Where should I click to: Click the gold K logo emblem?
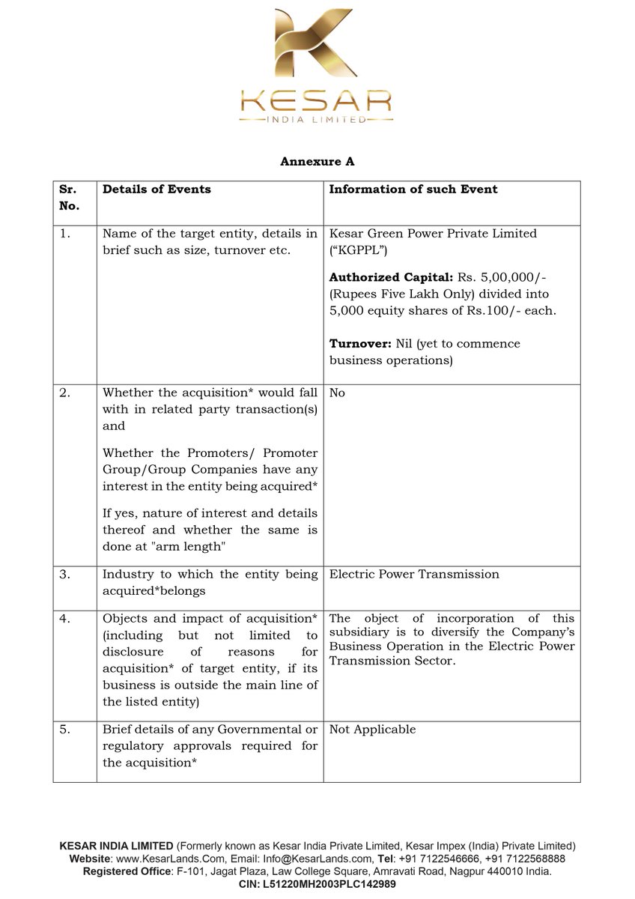coord(317,46)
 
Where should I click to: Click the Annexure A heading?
coord(317,161)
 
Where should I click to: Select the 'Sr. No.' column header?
coord(68,197)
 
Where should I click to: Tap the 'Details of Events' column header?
coord(157,190)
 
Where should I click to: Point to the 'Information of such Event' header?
coord(413,190)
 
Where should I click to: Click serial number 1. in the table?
coord(65,234)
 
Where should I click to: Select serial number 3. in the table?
coord(65,575)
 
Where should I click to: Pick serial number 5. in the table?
coord(65,730)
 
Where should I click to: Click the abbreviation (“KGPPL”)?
coord(359,249)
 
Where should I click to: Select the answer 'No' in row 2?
coord(337,393)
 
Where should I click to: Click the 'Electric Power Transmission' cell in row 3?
coord(414,575)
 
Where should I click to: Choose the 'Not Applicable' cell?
coord(372,730)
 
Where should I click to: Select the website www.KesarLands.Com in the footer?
coord(159,859)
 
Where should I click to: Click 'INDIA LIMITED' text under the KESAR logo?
coord(317,119)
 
